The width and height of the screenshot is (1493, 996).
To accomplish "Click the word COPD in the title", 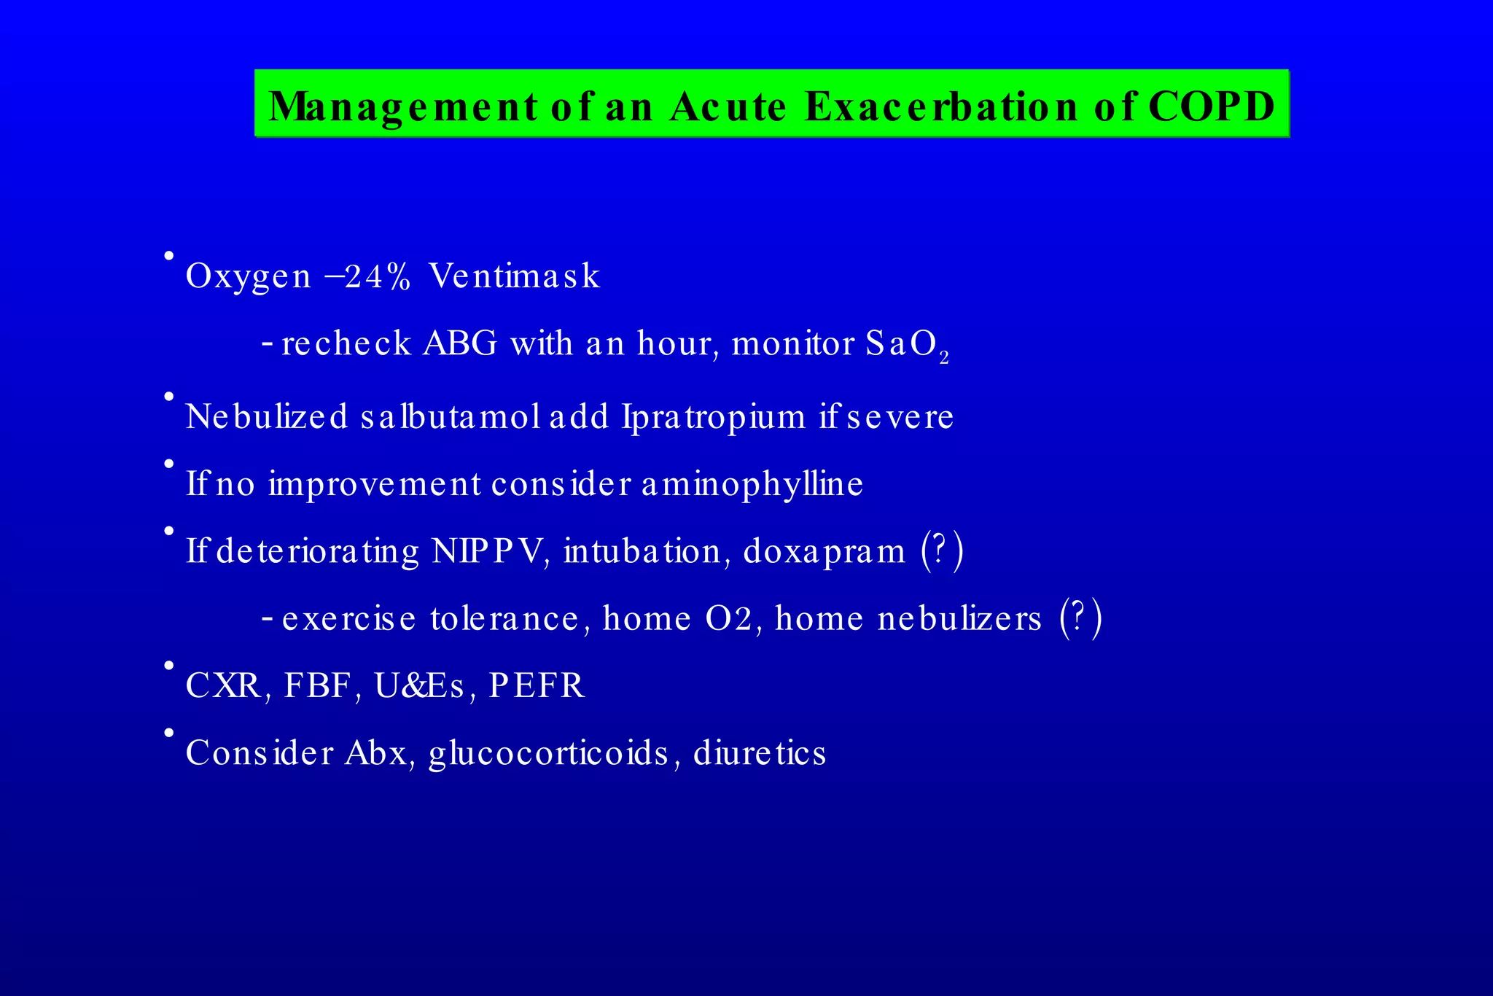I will (x=1211, y=106).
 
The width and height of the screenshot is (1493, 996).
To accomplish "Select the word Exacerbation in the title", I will (x=941, y=106).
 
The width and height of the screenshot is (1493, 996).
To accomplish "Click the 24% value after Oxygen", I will (x=378, y=276).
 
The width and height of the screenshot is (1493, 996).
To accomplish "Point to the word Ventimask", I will (x=514, y=276).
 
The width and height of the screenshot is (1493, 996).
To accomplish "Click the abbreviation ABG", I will (x=460, y=343).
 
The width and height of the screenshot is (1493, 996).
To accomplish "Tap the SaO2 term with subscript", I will (x=907, y=345).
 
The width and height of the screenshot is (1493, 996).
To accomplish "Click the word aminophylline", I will (x=752, y=484).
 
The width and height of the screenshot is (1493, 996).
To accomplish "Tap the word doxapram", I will (x=824, y=552).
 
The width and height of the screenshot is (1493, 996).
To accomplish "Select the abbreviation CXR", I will (x=224, y=685).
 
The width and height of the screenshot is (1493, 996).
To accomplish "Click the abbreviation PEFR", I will (x=537, y=685).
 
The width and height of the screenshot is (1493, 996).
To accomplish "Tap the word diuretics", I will (x=760, y=752).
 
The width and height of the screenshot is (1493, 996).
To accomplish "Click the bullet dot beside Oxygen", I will (x=168, y=256).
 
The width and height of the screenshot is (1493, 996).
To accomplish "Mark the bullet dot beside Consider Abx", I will (x=168, y=732).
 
